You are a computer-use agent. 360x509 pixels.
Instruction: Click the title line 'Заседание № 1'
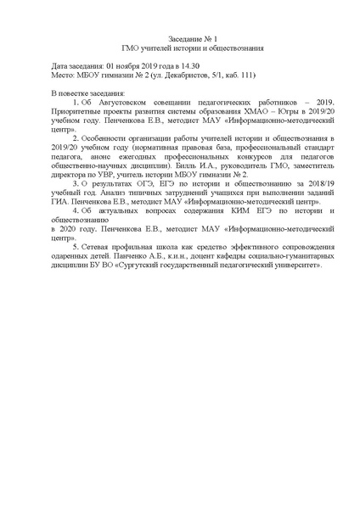click(x=180, y=39)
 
